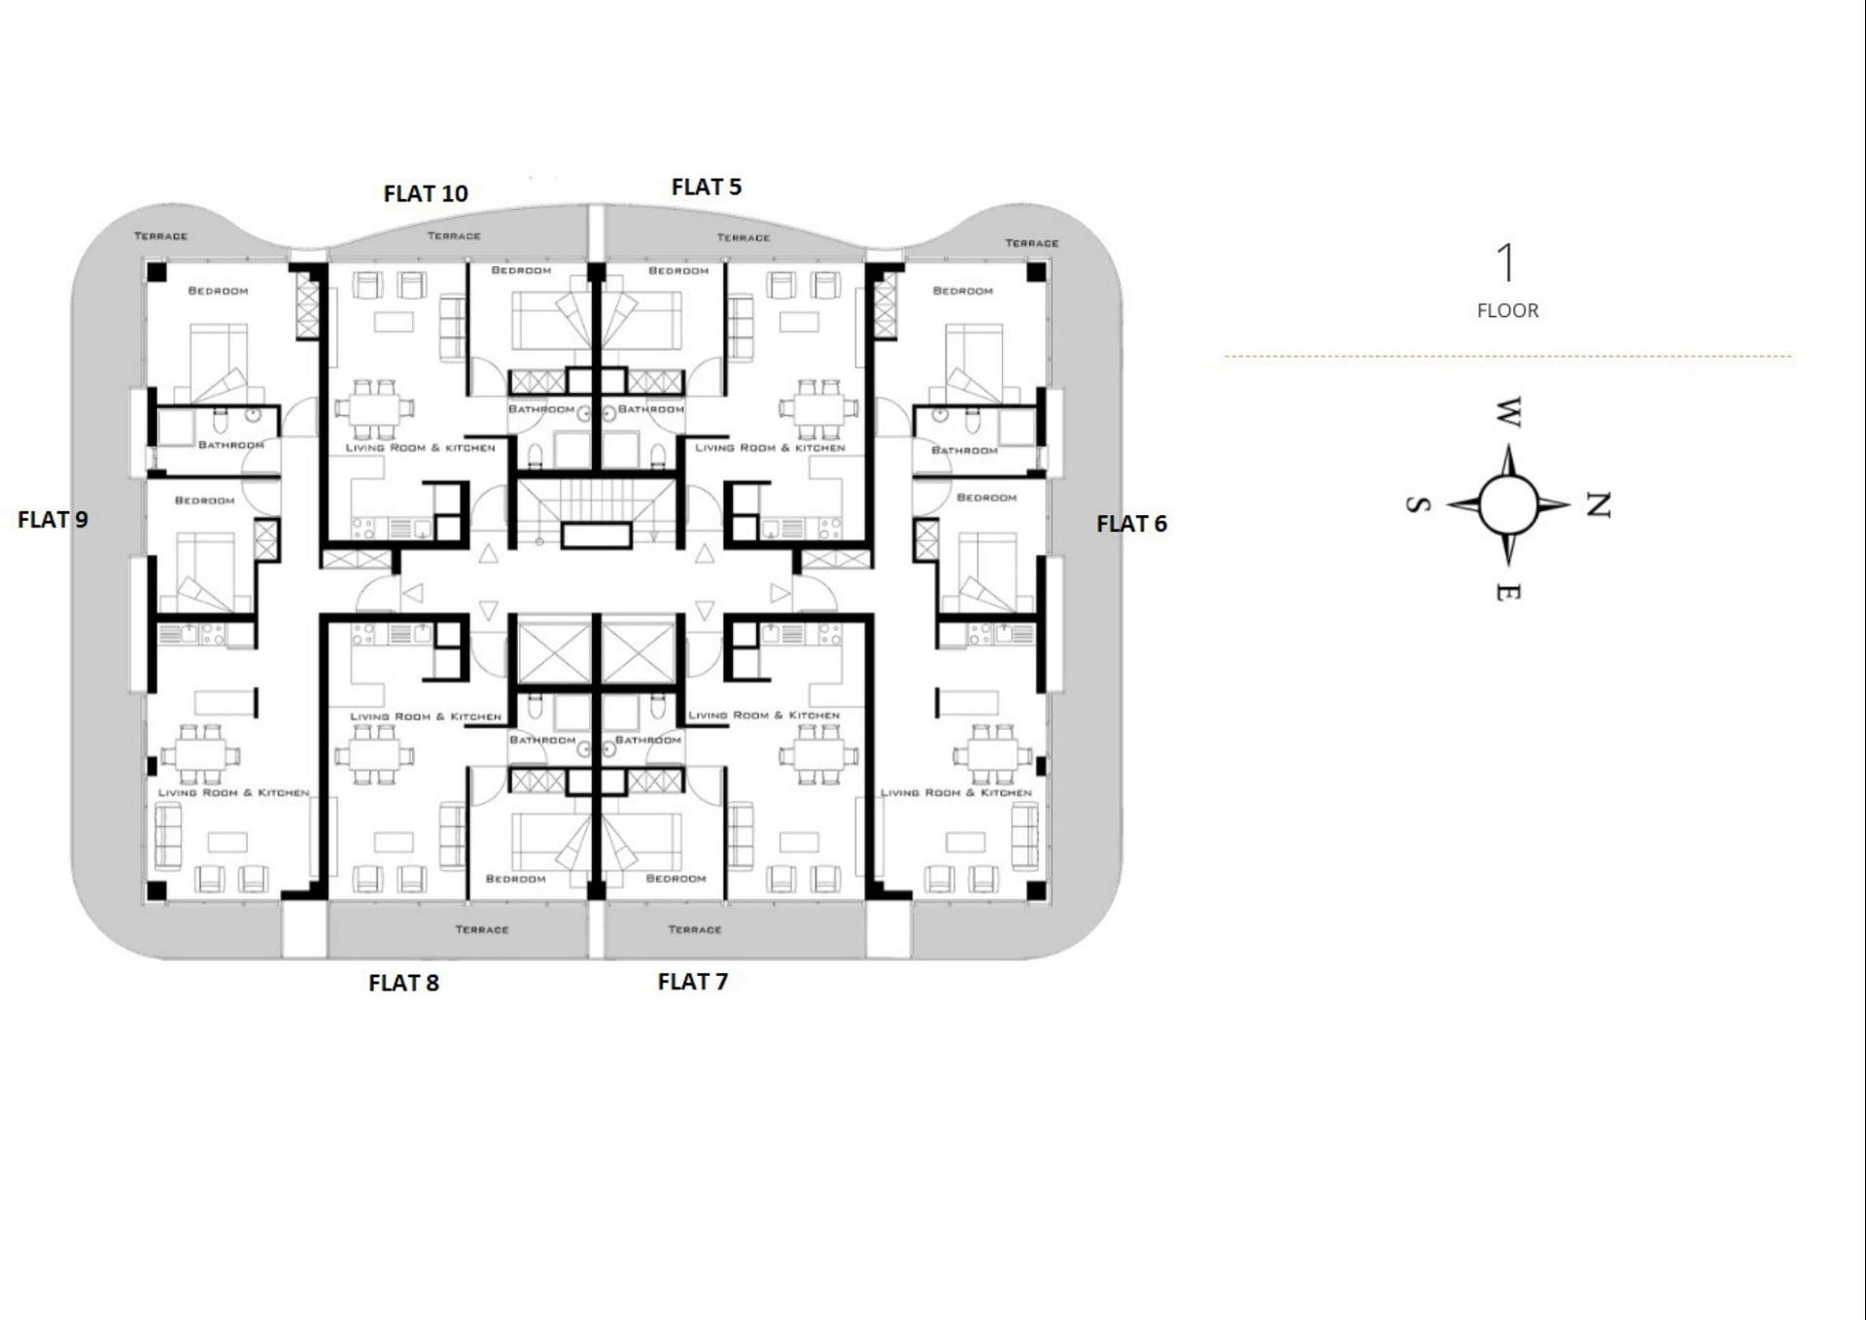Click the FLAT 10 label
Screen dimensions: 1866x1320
tap(426, 193)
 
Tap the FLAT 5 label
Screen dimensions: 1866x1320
tap(707, 187)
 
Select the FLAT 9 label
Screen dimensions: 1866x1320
tap(52, 520)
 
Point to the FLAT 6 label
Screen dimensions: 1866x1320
tap(1131, 524)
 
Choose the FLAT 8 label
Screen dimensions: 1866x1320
tap(403, 983)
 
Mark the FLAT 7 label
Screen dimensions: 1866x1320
tap(692, 982)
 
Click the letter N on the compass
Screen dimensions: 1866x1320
tap(1598, 504)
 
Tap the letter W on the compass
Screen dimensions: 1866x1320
tap(1506, 412)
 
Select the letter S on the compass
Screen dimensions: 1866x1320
tap(1418, 504)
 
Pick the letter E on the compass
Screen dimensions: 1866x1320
tap(1507, 591)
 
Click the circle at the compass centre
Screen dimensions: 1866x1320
tap(1508, 504)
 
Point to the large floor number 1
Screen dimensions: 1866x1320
tap(1505, 262)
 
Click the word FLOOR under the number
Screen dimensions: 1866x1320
tap(1507, 311)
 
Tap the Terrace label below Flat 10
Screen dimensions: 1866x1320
tap(454, 236)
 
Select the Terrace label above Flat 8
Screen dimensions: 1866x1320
tap(482, 930)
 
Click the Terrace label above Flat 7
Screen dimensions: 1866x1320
tap(695, 930)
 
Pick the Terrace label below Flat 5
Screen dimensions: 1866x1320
tap(743, 238)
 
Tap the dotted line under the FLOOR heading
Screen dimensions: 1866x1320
tap(1507, 357)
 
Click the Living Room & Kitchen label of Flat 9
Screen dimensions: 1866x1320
tap(233, 793)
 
